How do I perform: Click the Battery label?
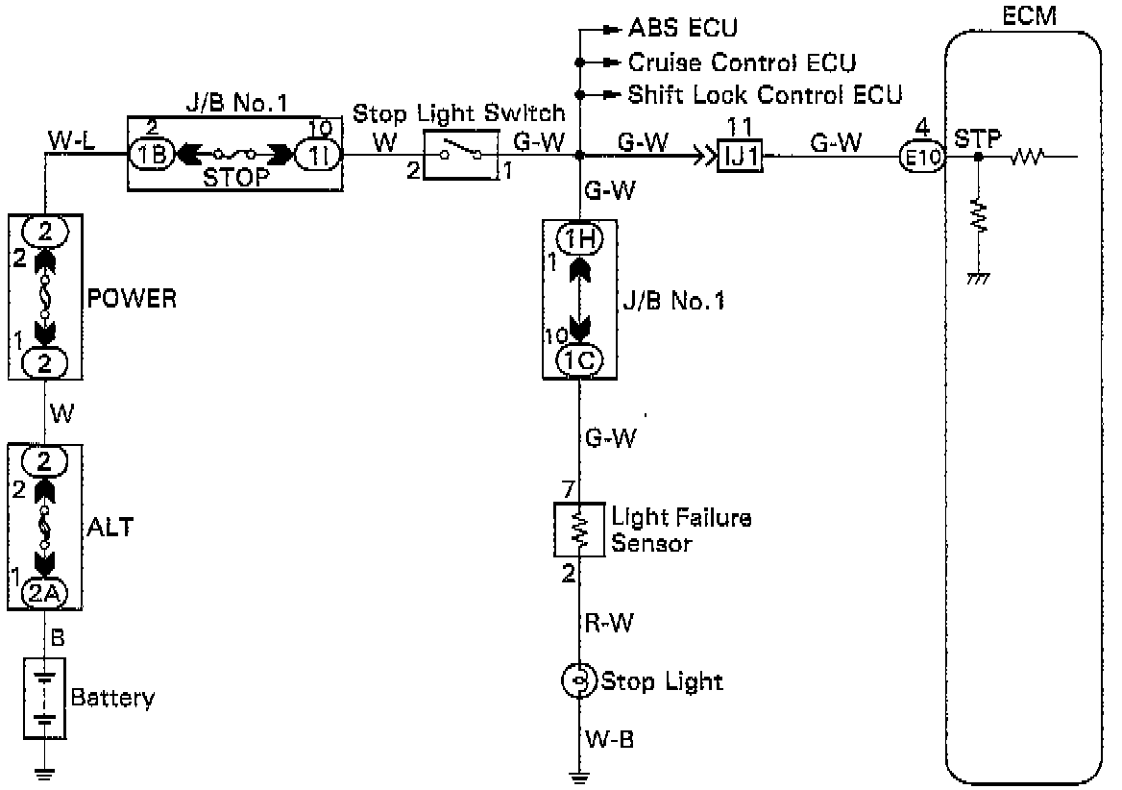112,697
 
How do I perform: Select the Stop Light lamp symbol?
579,681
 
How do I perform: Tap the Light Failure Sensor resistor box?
578,529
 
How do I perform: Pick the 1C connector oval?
580,359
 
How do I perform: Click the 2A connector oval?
45,592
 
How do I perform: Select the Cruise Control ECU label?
742,62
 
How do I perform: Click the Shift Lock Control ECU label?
765,95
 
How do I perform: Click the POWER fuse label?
133,298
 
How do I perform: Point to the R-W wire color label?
608,622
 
